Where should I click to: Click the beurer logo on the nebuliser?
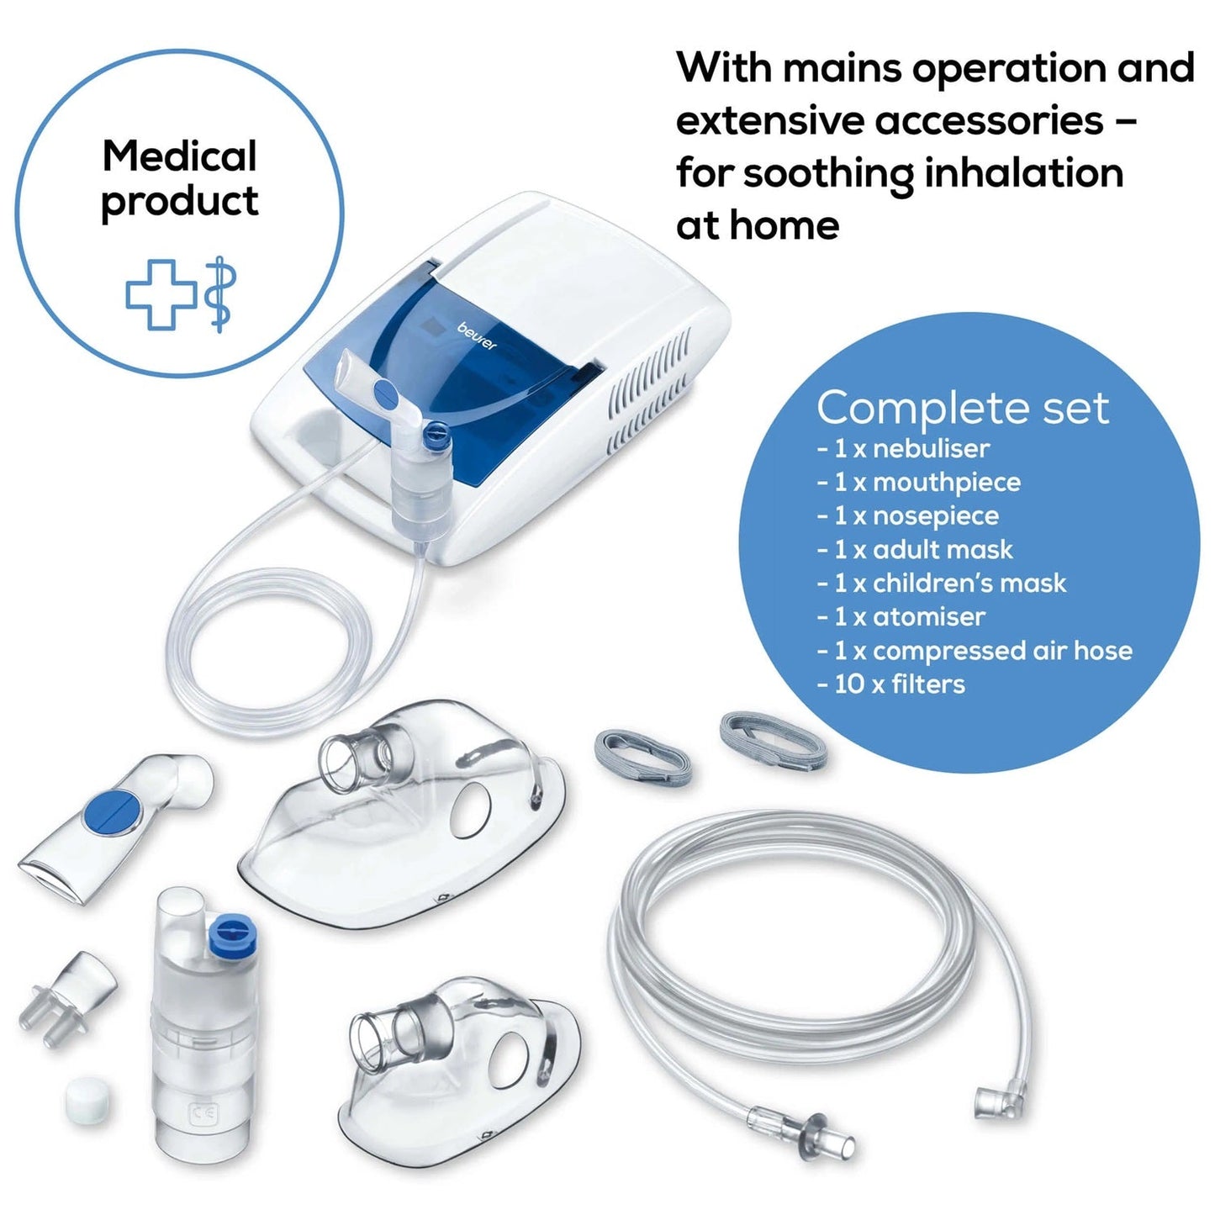[477, 336]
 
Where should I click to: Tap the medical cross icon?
[161, 293]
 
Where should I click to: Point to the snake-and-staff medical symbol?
[220, 293]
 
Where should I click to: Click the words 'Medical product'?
[179, 178]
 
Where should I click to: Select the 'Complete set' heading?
[963, 408]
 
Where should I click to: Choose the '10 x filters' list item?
[891, 684]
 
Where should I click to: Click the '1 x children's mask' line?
[942, 584]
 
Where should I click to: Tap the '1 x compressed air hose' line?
[975, 651]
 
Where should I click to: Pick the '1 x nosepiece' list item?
[908, 516]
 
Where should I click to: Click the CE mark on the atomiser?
[205, 1115]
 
